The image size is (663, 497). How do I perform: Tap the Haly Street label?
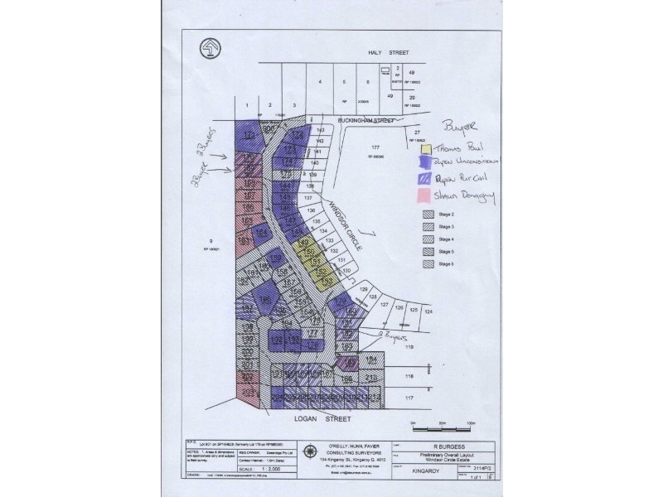391,51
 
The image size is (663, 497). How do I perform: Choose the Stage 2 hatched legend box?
427,214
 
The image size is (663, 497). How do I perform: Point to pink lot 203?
247,393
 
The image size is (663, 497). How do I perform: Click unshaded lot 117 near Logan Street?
409,398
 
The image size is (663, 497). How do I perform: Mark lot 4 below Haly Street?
319,84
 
